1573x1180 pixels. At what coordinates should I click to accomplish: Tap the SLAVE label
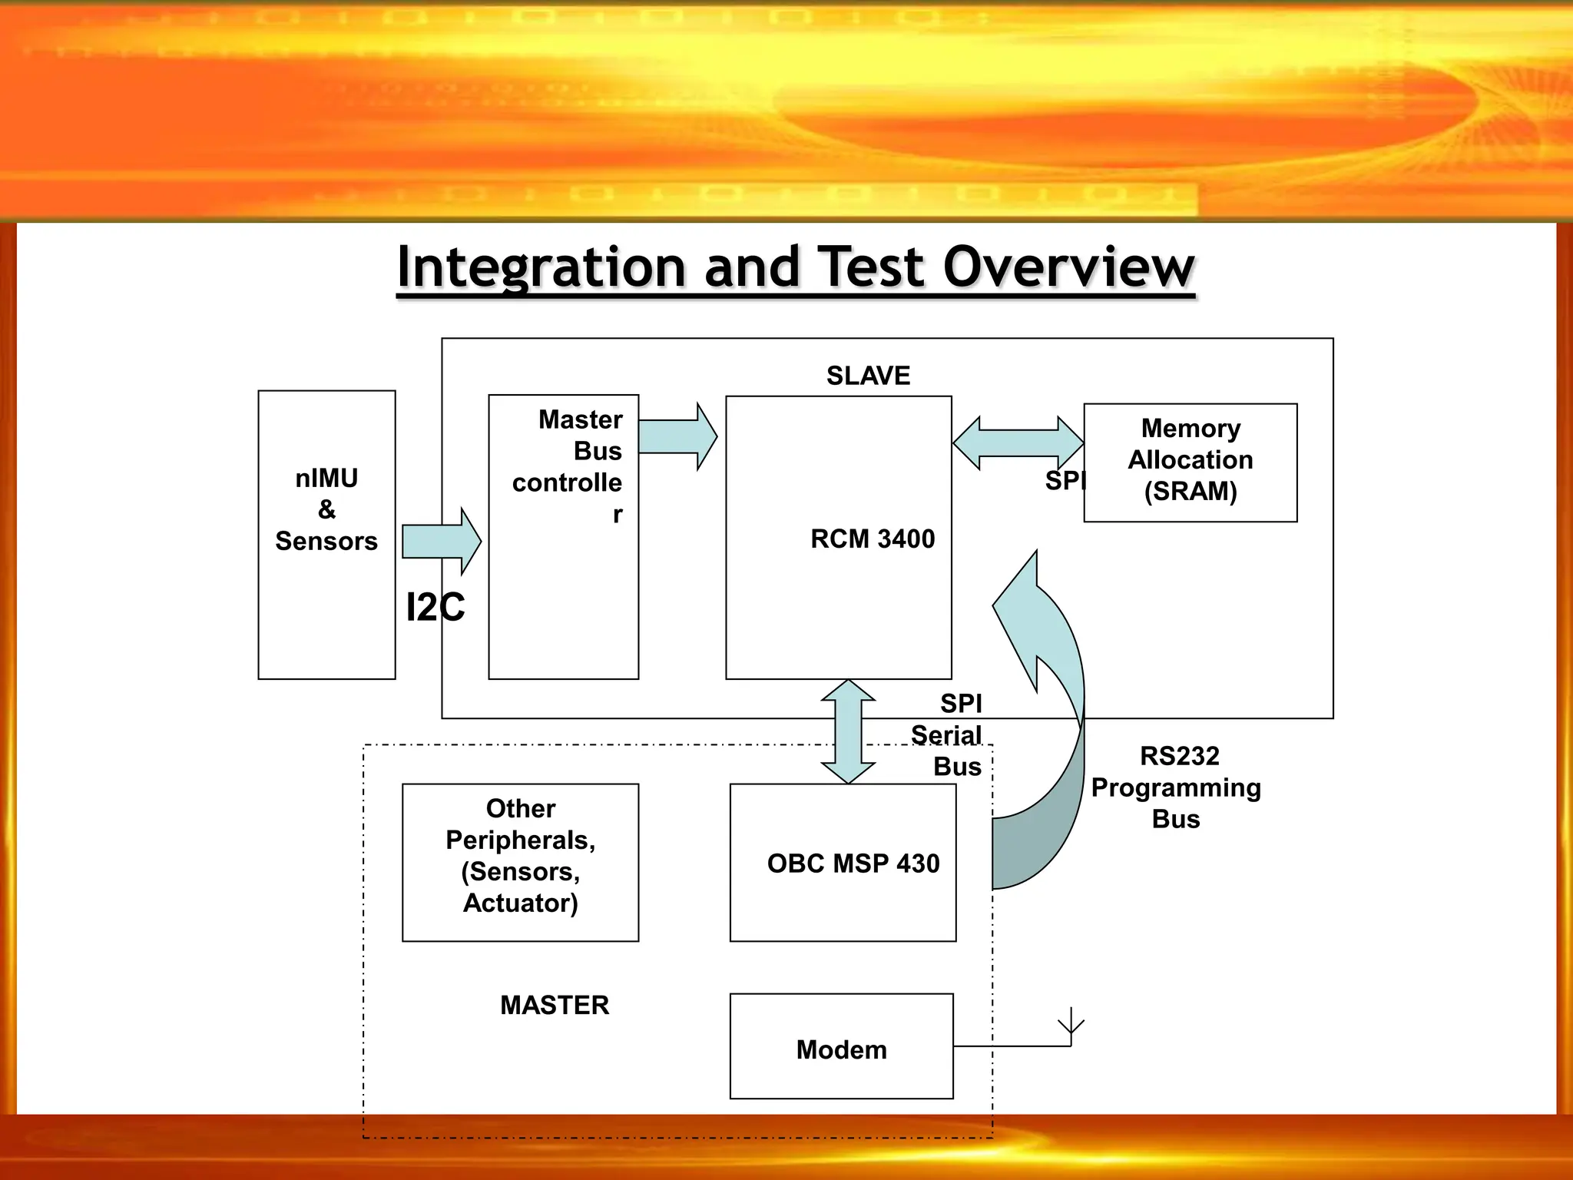(868, 376)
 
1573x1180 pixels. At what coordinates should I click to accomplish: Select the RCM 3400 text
(873, 539)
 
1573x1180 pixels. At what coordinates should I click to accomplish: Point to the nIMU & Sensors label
(326, 509)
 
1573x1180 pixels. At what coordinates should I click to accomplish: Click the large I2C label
(435, 608)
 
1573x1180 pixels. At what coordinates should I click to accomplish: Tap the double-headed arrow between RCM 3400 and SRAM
(1018, 443)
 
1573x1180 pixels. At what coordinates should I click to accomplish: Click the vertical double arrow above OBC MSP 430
(848, 731)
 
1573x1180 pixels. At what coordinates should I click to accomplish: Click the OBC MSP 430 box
(843, 863)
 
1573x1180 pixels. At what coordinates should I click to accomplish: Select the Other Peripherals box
(520, 862)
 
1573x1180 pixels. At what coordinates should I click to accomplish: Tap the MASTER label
(555, 1005)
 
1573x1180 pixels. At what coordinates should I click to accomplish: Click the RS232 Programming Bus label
(1176, 787)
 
